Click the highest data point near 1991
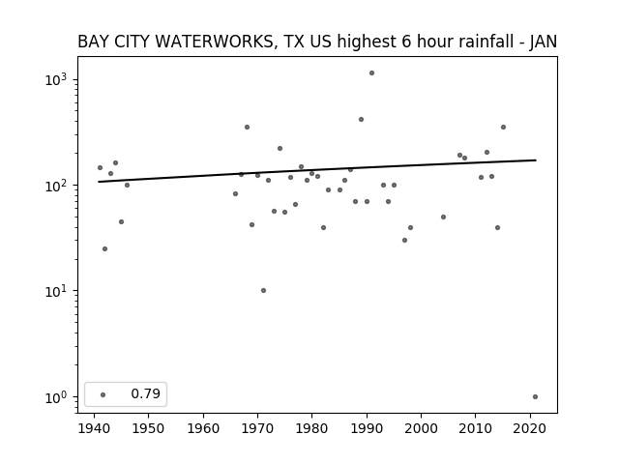click(371, 73)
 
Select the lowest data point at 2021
click(535, 397)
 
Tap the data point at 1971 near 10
click(263, 290)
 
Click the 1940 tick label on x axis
click(94, 428)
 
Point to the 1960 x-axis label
click(203, 428)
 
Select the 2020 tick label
click(530, 428)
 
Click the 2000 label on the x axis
click(421, 428)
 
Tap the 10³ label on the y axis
click(55, 79)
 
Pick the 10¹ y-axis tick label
click(55, 291)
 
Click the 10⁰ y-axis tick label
click(55, 397)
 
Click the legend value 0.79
click(146, 393)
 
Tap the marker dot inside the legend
click(103, 394)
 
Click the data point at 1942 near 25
click(104, 249)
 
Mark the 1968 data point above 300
click(247, 127)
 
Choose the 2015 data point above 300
click(503, 127)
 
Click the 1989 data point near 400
click(361, 120)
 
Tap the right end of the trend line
click(536, 160)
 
